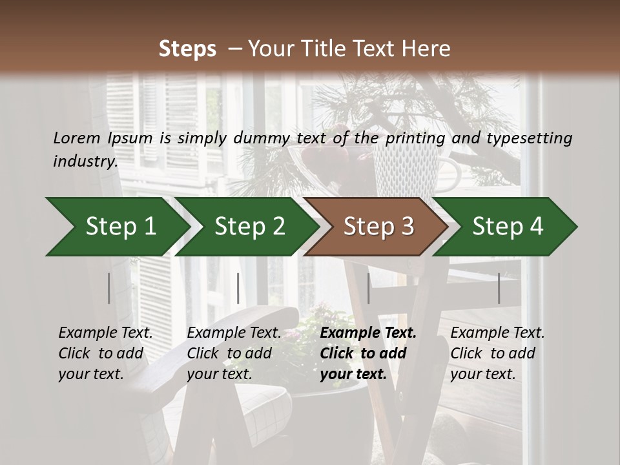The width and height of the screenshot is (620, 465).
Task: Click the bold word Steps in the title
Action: click(x=187, y=49)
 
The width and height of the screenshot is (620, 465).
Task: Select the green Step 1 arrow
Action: click(x=116, y=227)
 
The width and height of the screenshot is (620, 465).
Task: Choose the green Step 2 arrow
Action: click(x=249, y=227)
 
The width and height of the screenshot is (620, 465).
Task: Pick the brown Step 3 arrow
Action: click(x=378, y=227)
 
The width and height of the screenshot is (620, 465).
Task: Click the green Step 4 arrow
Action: click(x=507, y=227)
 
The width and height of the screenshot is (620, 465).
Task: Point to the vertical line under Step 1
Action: click(x=108, y=288)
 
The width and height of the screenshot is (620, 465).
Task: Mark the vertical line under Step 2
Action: click(x=238, y=288)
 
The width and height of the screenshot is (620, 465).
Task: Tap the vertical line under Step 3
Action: click(x=368, y=288)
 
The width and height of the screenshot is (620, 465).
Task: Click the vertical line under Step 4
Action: click(x=499, y=288)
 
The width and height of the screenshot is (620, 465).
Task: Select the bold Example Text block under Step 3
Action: click(x=368, y=353)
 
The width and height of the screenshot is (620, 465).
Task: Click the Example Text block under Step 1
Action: click(x=105, y=353)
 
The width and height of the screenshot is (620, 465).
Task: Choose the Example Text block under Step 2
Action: click(x=234, y=353)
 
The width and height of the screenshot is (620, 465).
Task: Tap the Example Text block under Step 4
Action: click(x=497, y=353)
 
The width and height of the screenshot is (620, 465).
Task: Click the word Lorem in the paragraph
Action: click(x=77, y=138)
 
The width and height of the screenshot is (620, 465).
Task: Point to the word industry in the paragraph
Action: click(x=85, y=161)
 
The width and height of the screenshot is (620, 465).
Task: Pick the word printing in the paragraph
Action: click(x=416, y=138)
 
